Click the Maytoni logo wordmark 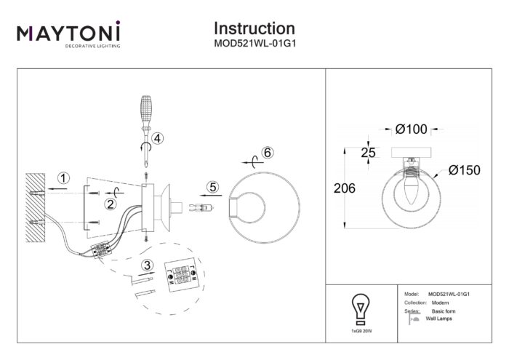pyautogui.click(x=68, y=33)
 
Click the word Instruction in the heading pyautogui.click(x=254, y=28)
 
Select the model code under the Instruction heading pyautogui.click(x=254, y=44)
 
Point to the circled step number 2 pyautogui.click(x=111, y=204)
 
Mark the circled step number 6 pyautogui.click(x=267, y=153)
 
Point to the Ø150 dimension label pyautogui.click(x=465, y=170)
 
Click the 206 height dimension pyautogui.click(x=345, y=188)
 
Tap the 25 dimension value pyautogui.click(x=370, y=152)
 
